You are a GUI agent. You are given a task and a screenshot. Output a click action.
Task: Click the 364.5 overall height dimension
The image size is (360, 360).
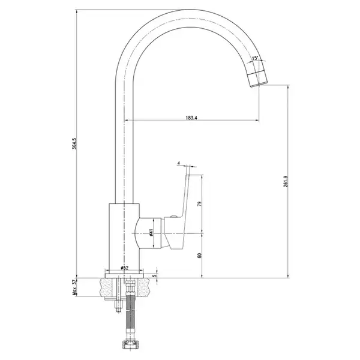74,144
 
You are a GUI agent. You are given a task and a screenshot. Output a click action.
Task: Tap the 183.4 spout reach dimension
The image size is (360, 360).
191,118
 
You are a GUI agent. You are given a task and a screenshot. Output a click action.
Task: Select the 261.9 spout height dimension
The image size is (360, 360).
286,181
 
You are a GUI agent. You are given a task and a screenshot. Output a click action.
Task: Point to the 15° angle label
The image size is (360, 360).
255,58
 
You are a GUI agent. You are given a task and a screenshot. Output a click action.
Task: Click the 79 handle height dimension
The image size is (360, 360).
200,204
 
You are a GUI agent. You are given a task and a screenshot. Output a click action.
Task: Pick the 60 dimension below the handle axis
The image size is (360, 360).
200,256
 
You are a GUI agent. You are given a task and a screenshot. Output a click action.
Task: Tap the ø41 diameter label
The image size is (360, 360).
151,232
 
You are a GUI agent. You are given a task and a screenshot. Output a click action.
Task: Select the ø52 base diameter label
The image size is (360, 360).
124,268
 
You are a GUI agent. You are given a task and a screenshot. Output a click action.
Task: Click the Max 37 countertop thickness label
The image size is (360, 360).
74,287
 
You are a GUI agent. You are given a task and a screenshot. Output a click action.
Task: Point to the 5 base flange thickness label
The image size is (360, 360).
155,275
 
